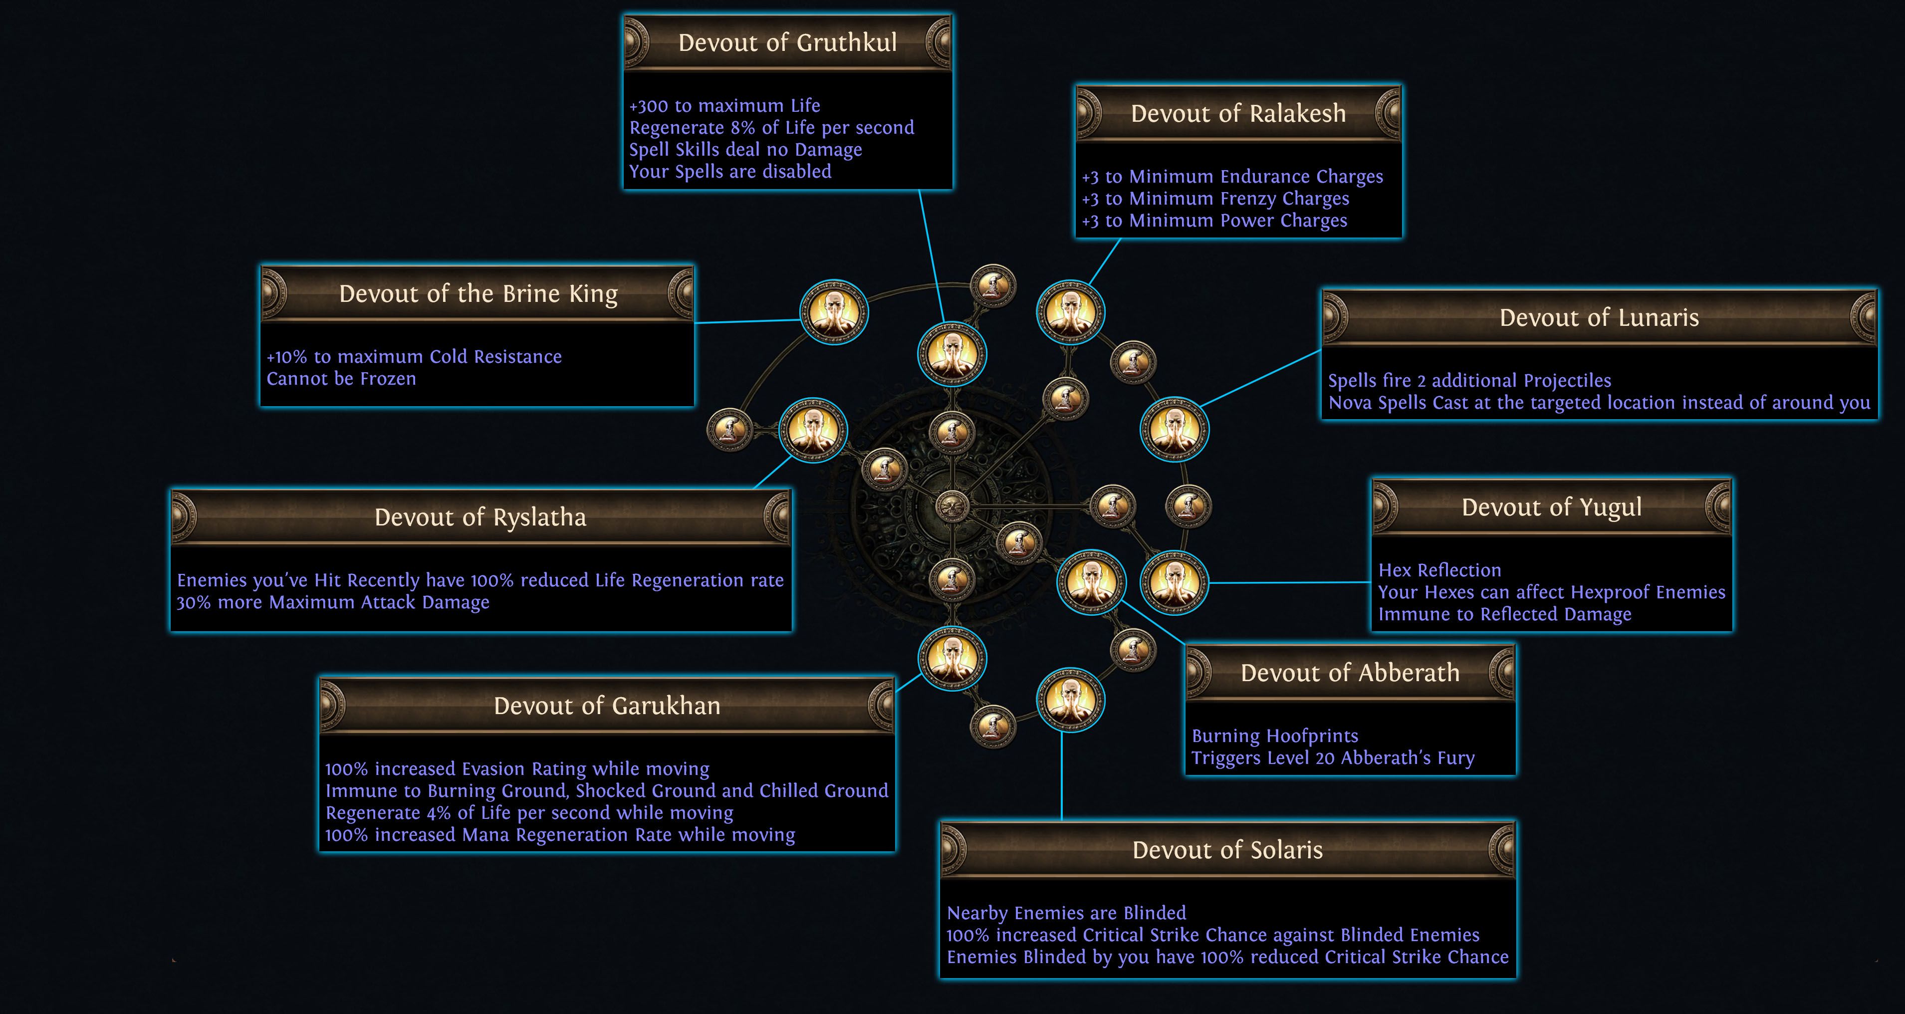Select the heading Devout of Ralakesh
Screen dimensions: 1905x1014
(x=1238, y=114)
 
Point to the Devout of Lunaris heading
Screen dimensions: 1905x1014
(x=1599, y=318)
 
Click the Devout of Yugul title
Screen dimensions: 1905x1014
(x=1552, y=507)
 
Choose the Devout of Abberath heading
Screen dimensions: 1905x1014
(x=1350, y=673)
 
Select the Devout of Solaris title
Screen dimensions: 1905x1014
(x=1227, y=850)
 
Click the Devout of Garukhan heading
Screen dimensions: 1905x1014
(x=606, y=706)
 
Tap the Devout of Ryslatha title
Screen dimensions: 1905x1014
(x=480, y=517)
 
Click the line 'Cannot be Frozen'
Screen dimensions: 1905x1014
(x=341, y=379)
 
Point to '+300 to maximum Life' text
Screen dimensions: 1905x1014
(x=724, y=106)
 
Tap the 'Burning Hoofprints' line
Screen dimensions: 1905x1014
(x=1275, y=736)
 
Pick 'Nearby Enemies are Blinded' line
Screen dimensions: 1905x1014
(x=1066, y=913)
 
